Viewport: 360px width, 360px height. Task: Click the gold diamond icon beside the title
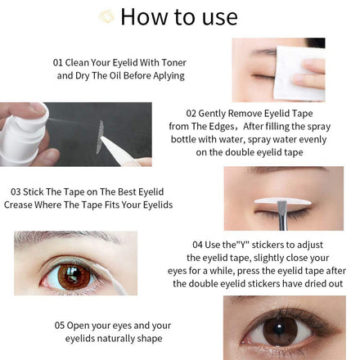click(x=106, y=16)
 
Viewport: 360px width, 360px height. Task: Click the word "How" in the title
click(x=144, y=17)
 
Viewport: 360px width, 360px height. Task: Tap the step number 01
click(x=58, y=63)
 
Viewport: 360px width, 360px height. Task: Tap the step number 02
click(x=191, y=114)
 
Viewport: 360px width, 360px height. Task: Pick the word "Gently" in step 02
click(x=212, y=114)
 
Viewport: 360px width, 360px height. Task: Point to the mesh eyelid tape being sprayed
click(x=100, y=137)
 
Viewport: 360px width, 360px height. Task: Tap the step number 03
click(x=16, y=192)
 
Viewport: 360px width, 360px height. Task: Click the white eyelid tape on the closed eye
click(x=282, y=201)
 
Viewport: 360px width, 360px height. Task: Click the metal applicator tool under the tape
click(x=283, y=215)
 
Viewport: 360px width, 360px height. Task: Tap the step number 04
click(x=197, y=245)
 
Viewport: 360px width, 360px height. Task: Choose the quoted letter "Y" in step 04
click(x=242, y=245)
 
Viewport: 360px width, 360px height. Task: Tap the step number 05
click(x=60, y=326)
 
